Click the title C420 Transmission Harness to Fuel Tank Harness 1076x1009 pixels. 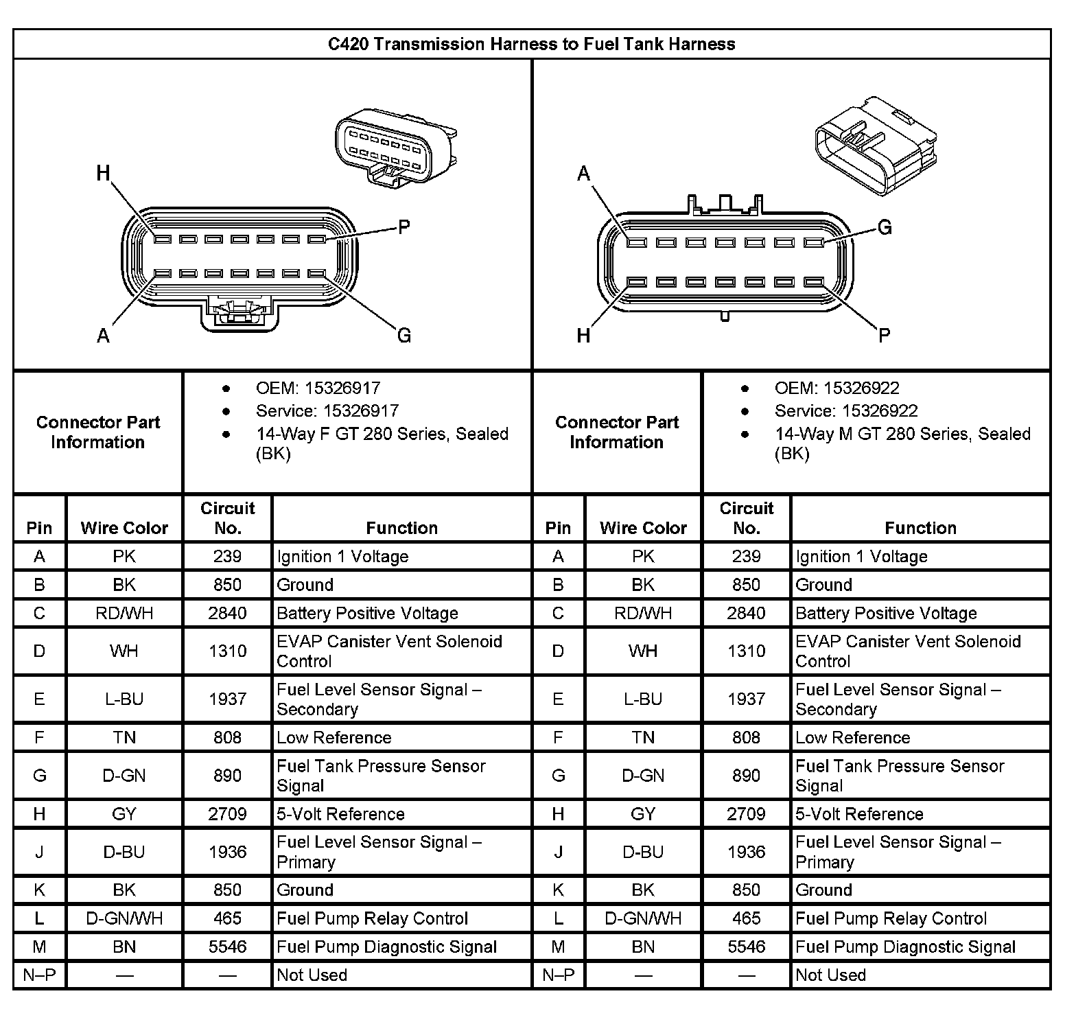(x=531, y=45)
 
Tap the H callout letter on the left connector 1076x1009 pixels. (x=103, y=172)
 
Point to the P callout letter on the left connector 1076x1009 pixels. (x=404, y=227)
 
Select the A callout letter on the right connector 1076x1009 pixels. (x=583, y=174)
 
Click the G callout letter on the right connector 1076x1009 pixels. (x=885, y=227)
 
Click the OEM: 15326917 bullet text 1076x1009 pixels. (x=318, y=388)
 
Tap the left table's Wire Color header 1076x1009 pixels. (x=124, y=528)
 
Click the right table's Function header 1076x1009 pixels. (x=920, y=528)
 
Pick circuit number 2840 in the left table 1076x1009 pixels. (x=227, y=613)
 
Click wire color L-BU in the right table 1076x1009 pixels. (x=643, y=699)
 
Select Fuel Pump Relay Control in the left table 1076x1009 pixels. (x=372, y=918)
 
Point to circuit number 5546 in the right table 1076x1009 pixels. (x=746, y=947)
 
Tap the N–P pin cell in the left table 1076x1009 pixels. (x=39, y=975)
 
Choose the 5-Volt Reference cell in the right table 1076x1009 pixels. (x=859, y=814)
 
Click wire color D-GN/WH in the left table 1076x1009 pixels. (x=124, y=918)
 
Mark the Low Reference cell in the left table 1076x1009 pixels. (x=334, y=738)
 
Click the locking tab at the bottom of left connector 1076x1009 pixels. (x=239, y=312)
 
